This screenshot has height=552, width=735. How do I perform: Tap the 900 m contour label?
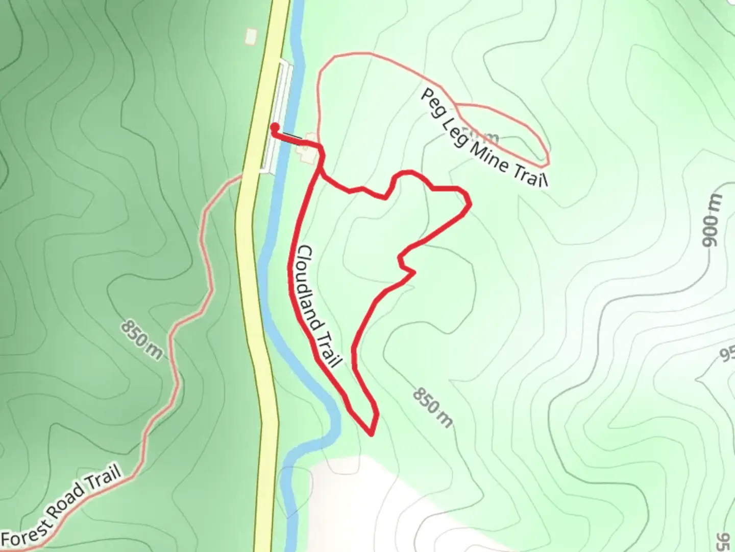click(x=710, y=221)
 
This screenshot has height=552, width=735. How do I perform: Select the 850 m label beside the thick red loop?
click(x=432, y=407)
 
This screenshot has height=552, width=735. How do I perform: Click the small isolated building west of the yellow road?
click(x=251, y=36)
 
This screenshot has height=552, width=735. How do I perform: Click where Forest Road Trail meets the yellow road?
click(x=240, y=176)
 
